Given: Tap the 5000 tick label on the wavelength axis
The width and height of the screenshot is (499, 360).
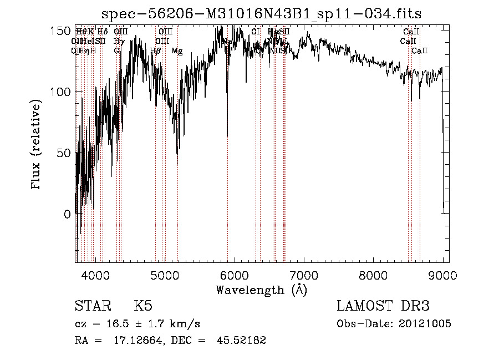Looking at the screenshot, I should pos(165,274).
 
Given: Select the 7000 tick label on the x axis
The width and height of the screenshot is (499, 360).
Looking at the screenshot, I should pos(304,274).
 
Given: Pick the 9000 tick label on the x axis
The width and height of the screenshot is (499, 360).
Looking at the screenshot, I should pos(443,274).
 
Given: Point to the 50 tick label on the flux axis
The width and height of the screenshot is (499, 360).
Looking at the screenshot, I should pos(63,153).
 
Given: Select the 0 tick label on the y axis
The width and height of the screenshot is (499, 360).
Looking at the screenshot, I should pos(67,214).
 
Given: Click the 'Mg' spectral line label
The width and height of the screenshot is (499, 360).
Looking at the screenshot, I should pos(177,51).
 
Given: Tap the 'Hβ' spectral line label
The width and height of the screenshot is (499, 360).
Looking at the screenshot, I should pos(155,51).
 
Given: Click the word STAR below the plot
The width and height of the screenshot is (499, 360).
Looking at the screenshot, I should pos(92,306).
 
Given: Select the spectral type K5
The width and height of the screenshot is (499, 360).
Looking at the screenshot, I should pos(143,306).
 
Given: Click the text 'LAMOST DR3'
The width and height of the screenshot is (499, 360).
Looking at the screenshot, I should pos(383,306).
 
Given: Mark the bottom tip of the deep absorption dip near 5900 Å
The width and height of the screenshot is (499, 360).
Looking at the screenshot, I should pos(227,135).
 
